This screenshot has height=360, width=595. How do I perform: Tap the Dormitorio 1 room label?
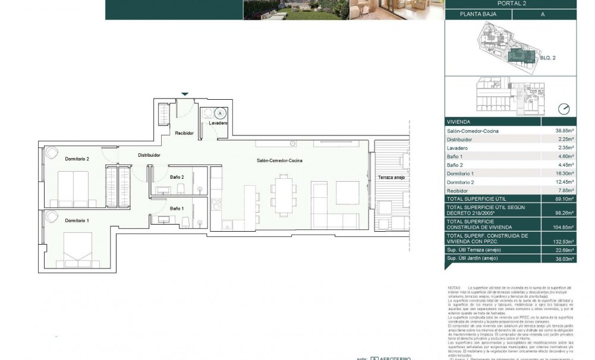[77, 220]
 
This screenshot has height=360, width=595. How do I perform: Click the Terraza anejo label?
[389, 178]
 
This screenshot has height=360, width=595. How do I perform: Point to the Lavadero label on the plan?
[218, 123]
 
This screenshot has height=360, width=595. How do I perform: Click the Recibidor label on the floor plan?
[184, 133]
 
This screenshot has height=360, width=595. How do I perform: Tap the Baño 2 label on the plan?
[177, 177]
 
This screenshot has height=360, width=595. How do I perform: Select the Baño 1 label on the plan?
[177, 209]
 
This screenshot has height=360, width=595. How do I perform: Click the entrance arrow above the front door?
[185, 94]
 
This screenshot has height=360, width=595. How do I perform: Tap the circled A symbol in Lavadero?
[220, 112]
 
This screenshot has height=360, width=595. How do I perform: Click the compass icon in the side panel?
[563, 109]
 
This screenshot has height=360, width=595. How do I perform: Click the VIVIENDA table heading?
[459, 121]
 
